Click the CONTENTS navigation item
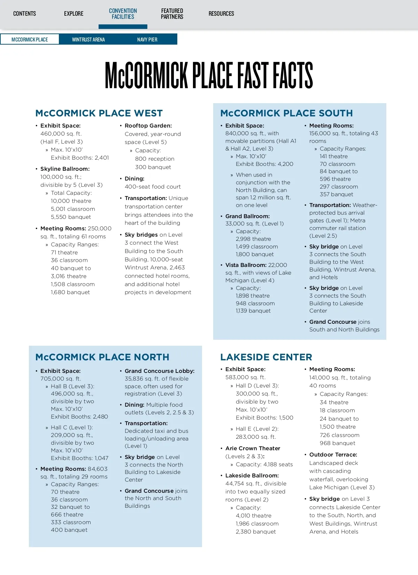pyautogui.click(x=24, y=14)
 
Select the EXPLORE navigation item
pyautogui.click(x=73, y=14)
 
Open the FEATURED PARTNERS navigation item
pyautogui.click(x=172, y=14)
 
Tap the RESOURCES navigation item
pyautogui.click(x=221, y=14)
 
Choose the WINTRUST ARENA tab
pyautogui.click(x=88, y=39)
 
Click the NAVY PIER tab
pyautogui.click(x=147, y=39)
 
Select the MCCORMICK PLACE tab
pyautogui.click(x=30, y=39)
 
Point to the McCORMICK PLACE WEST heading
pyautogui.click(x=99, y=113)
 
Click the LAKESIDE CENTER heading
pyautogui.click(x=266, y=357)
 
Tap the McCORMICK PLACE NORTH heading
pyautogui.click(x=102, y=357)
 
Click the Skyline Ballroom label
pyautogui.click(x=65, y=169)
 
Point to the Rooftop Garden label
pyautogui.click(x=148, y=125)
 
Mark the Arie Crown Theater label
pyautogui.click(x=253, y=448)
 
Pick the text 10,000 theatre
pyautogui.click(x=71, y=201)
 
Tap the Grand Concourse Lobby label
pyautogui.click(x=160, y=371)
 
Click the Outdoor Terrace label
pyautogui.click(x=333, y=454)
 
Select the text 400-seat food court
pyautogui.click(x=153, y=186)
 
